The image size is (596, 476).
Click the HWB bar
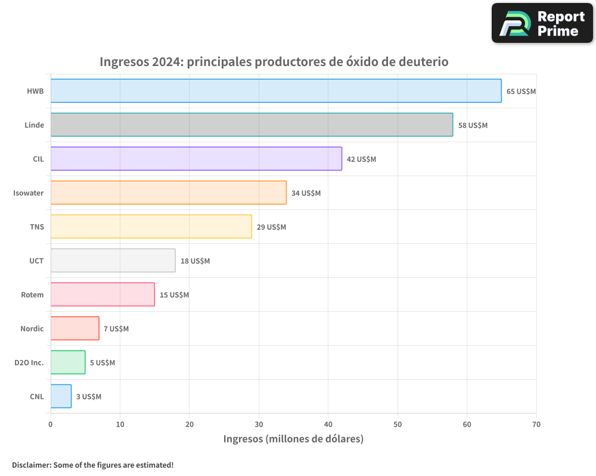click(276, 91)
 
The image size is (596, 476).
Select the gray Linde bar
click(252, 125)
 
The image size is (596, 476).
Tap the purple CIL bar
click(196, 159)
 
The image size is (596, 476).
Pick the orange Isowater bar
click(168, 193)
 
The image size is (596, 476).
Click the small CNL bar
click(61, 396)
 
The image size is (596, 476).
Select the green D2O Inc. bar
click(68, 362)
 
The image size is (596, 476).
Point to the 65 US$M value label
click(521, 92)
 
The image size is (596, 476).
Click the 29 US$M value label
click(271, 227)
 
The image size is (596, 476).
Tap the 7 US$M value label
click(116, 329)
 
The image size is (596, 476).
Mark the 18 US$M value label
click(195, 261)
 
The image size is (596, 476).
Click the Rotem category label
click(32, 295)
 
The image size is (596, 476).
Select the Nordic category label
click(32, 329)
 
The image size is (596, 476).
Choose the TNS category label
click(37, 227)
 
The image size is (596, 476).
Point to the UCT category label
click(36, 261)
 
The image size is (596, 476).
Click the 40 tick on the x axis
click(328, 425)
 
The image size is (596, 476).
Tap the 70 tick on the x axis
click(536, 425)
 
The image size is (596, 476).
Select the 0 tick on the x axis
click(51, 425)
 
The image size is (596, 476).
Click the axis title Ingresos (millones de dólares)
click(293, 439)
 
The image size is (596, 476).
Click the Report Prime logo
click(542, 23)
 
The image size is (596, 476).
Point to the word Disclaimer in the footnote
click(31, 465)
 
